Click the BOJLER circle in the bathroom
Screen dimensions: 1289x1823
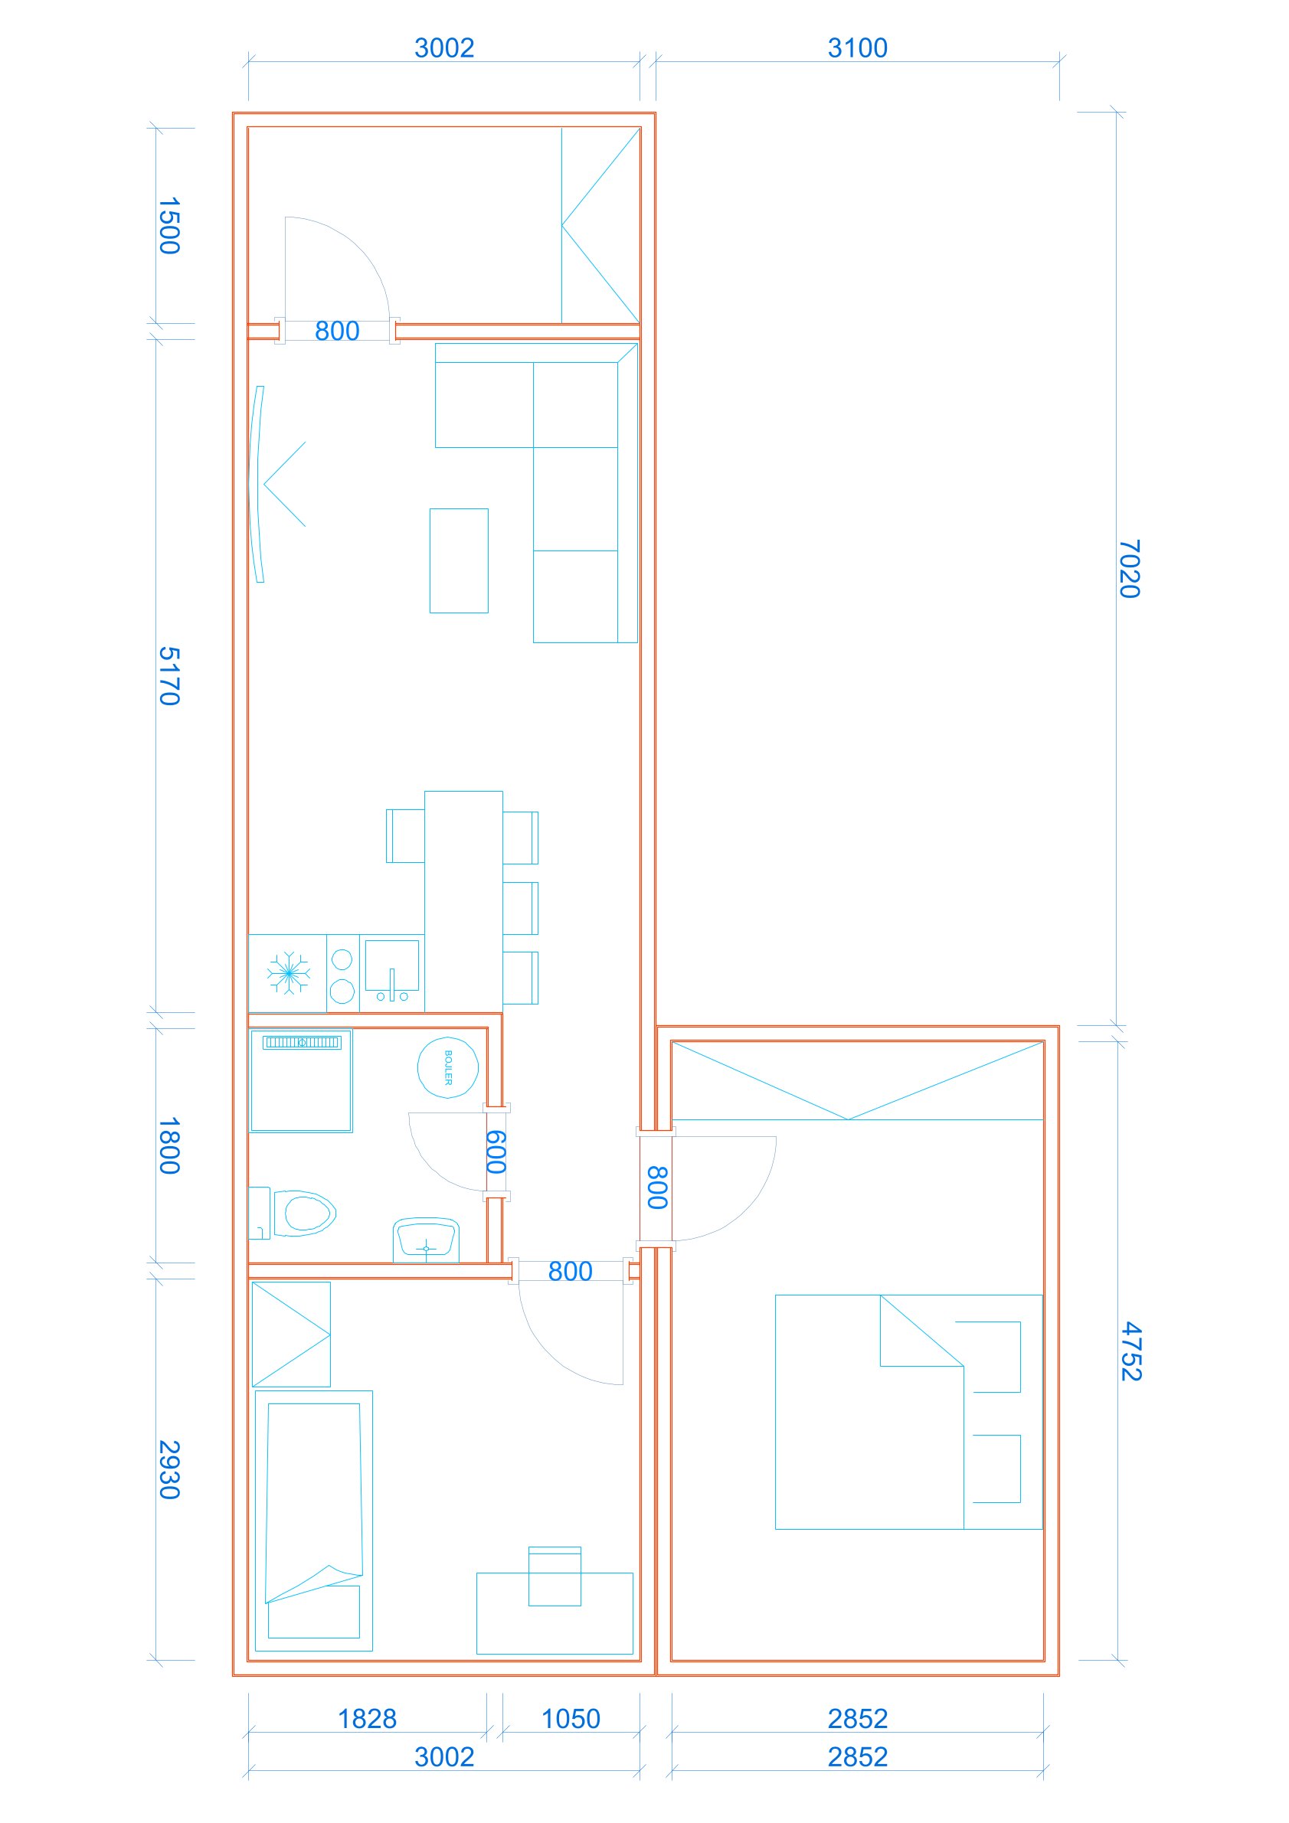pyautogui.click(x=448, y=1068)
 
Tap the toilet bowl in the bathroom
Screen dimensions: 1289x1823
pyautogui.click(x=305, y=1214)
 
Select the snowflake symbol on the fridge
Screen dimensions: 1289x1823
pyautogui.click(x=288, y=972)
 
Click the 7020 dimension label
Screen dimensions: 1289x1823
pyautogui.click(x=1130, y=570)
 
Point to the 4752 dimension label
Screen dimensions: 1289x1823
pyautogui.click(x=1131, y=1351)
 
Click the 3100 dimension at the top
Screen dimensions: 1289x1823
pyautogui.click(x=858, y=47)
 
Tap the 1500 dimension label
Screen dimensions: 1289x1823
pyautogui.click(x=169, y=227)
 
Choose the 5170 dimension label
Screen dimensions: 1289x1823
pyautogui.click(x=169, y=676)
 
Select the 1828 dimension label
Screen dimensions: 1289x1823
pyautogui.click(x=367, y=1719)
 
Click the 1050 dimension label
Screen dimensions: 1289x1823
pyautogui.click(x=571, y=1719)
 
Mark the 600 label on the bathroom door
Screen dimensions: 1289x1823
pyautogui.click(x=496, y=1152)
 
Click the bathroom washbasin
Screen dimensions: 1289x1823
pyautogui.click(x=427, y=1240)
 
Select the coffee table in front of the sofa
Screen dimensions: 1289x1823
pyautogui.click(x=459, y=560)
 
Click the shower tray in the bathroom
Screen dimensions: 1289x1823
pyautogui.click(x=302, y=1080)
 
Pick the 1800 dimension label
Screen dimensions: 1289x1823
pyautogui.click(x=169, y=1145)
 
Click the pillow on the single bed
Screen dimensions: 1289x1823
pyautogui.click(x=314, y=1612)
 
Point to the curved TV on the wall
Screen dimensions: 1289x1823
pyautogui.click(x=256, y=485)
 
